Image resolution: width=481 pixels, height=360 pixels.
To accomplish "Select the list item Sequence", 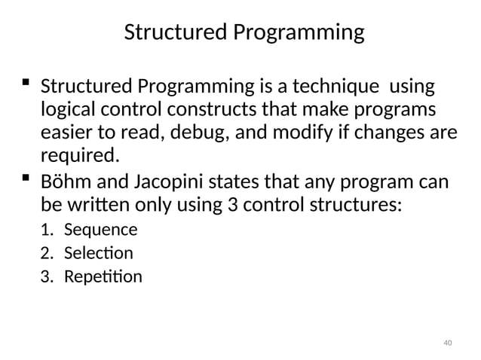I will click(100, 230).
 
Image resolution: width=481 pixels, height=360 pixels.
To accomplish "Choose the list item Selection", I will click(98, 253).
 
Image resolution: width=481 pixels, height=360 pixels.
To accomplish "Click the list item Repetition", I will click(103, 276).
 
